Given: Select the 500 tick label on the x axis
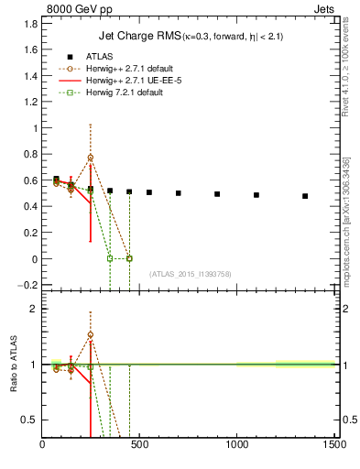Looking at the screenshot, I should (140, 446).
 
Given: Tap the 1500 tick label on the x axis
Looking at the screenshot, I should (334, 446).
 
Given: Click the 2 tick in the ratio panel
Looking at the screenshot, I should (34, 309).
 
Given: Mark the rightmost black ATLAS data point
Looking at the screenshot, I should (305, 196).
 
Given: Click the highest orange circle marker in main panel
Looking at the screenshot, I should (91, 158).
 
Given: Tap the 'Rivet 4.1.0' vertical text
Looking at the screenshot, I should (344, 64).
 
